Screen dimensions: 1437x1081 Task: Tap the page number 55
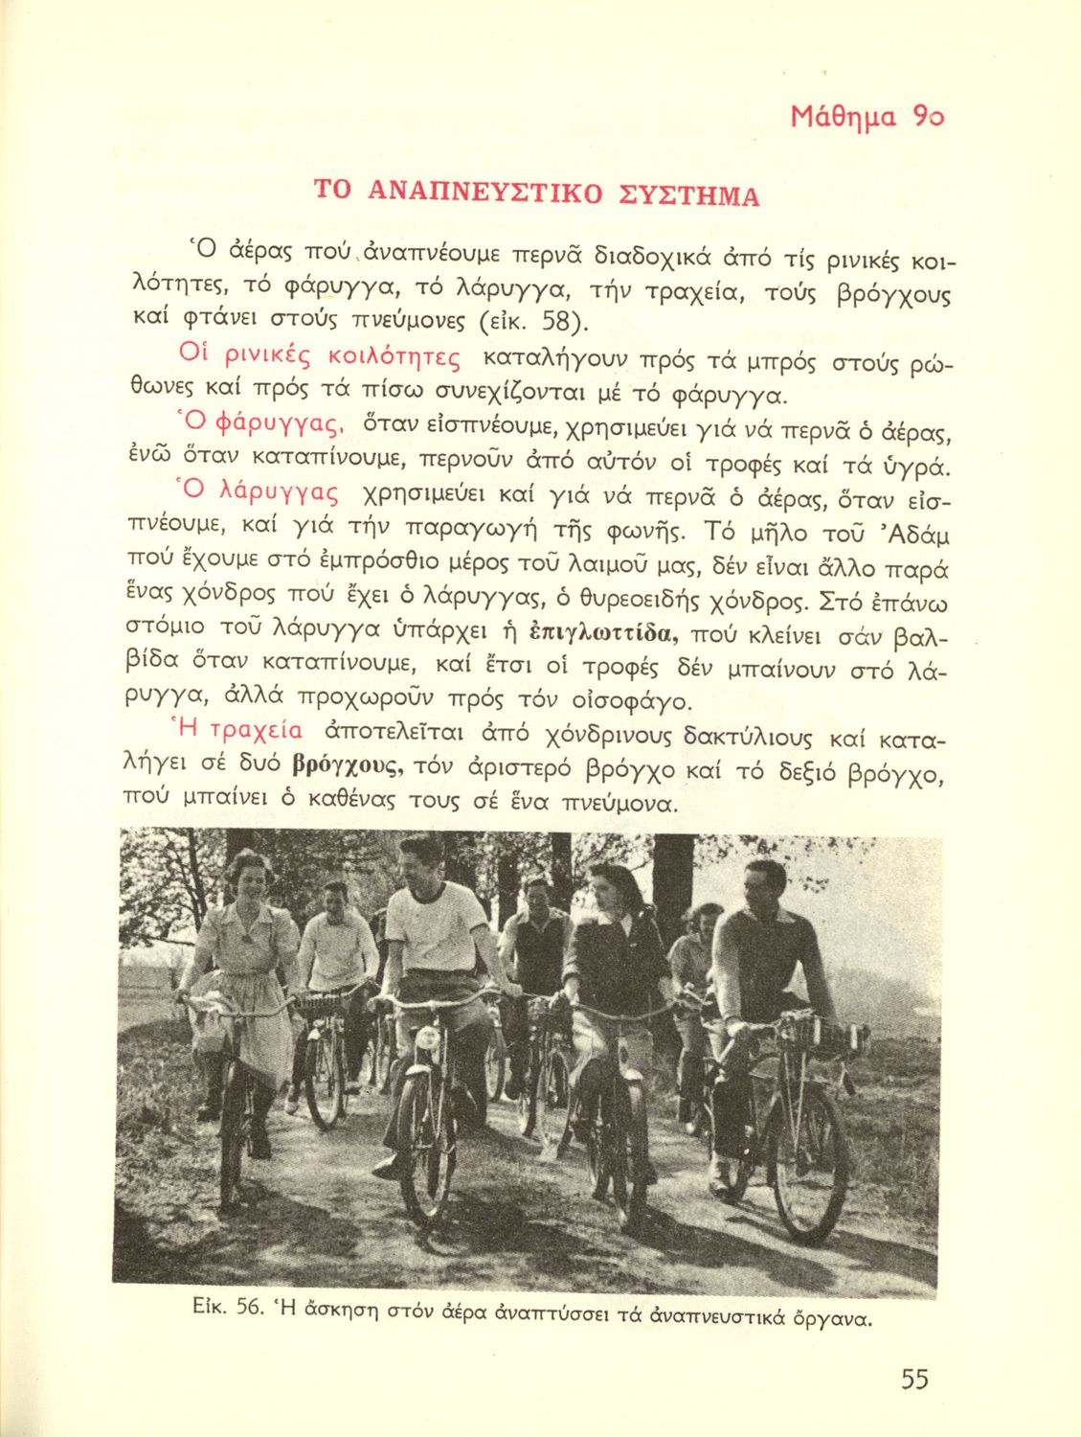coord(914,1380)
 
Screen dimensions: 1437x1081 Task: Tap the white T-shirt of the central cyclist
coord(436,926)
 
